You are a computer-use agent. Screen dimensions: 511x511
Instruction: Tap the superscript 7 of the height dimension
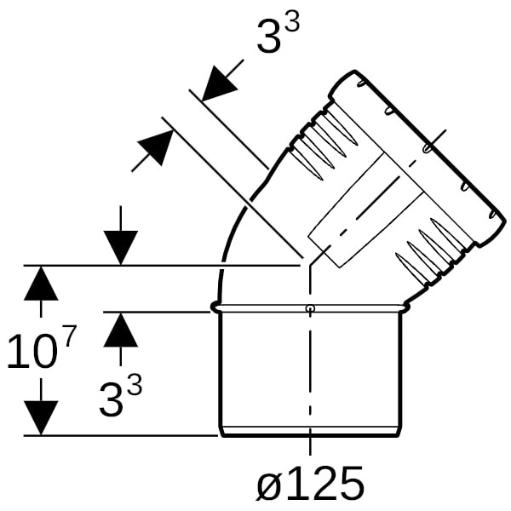point(70,336)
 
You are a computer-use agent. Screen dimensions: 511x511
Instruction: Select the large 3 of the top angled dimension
point(268,37)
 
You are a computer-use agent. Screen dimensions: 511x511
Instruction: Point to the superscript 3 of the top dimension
point(292,20)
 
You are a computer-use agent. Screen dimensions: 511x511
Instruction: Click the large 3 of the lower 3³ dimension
point(111,400)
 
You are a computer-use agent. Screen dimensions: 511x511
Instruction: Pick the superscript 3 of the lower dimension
point(135,384)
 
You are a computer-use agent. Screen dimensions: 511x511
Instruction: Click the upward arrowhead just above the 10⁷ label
point(41,284)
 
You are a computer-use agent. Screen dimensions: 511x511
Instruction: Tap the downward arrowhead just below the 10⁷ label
point(41,418)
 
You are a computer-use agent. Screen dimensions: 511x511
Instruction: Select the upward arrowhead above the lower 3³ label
point(121,330)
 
